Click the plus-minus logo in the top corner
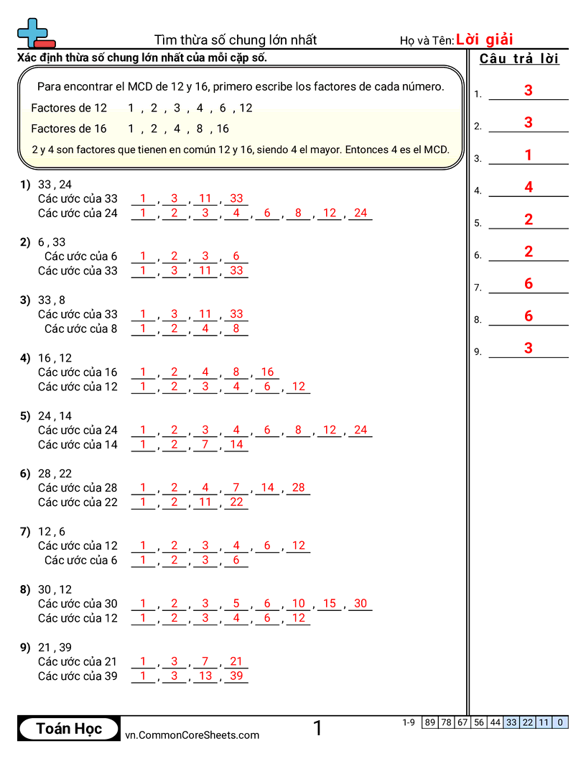[x=35, y=33]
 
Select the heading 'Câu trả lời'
[x=519, y=59]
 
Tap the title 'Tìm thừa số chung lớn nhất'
[x=236, y=40]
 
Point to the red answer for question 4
[x=529, y=187]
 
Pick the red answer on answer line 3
[x=529, y=155]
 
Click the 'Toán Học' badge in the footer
[x=69, y=729]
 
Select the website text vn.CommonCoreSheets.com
[x=192, y=735]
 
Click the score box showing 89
[x=430, y=722]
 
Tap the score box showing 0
[x=560, y=722]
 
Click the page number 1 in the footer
[x=317, y=728]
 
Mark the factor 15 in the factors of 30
[x=330, y=604]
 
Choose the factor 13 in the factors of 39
[x=205, y=676]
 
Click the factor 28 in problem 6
[x=299, y=487]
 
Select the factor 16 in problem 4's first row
[x=267, y=372]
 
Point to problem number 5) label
[x=25, y=415]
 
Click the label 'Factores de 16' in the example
[x=69, y=129]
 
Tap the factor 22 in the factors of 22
[x=236, y=502]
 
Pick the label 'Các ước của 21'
[x=78, y=661]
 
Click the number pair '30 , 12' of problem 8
[x=55, y=589]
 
